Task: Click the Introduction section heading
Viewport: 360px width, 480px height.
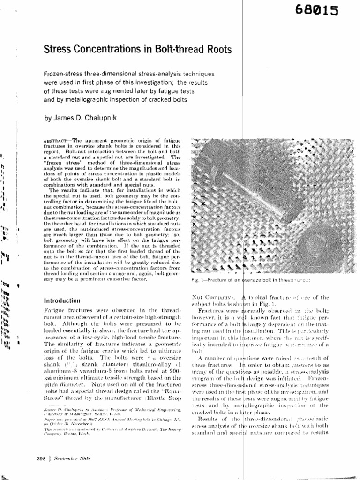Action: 62,301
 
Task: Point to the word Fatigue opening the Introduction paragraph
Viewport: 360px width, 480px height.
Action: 53,311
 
